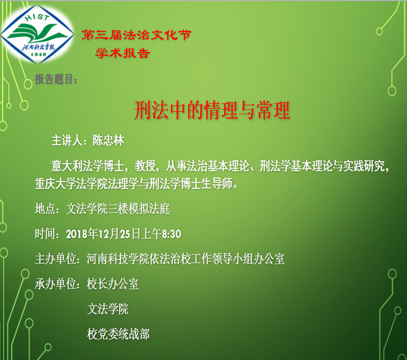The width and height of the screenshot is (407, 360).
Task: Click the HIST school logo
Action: pyautogui.click(x=37, y=34)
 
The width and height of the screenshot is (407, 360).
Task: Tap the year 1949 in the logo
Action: pyautogui.click(x=38, y=54)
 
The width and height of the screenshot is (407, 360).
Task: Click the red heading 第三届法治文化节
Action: pyautogui.click(x=136, y=35)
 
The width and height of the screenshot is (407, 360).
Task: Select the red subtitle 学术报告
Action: pyautogui.click(x=122, y=53)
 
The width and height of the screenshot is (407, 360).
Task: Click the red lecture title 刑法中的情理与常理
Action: pyautogui.click(x=212, y=110)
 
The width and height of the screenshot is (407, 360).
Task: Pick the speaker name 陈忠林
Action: pyautogui.click(x=109, y=141)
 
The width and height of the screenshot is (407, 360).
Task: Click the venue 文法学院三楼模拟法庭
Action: pyautogui.click(x=118, y=209)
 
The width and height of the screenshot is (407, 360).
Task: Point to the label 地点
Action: pyautogui.click(x=45, y=209)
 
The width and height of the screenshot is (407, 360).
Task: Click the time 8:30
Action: pyautogui.click(x=172, y=234)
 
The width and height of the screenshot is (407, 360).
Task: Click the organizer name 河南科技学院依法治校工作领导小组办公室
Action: pyautogui.click(x=186, y=259)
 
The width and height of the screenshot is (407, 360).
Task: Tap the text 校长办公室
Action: pyautogui.click(x=113, y=284)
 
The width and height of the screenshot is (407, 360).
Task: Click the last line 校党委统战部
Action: pyautogui.click(x=118, y=334)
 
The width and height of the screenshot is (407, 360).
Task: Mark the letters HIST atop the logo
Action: pyautogui.click(x=37, y=17)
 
